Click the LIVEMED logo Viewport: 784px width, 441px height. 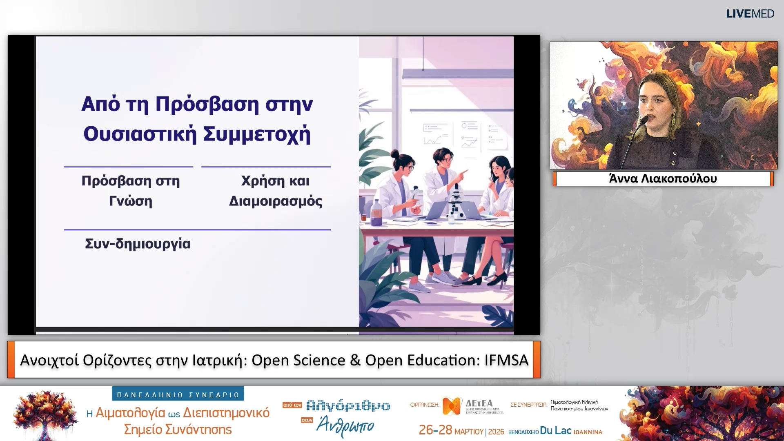750,14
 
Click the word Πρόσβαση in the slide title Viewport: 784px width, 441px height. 207,105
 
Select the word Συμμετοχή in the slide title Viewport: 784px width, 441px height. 257,134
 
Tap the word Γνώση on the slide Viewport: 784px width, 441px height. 131,201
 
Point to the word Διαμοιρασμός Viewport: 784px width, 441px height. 276,201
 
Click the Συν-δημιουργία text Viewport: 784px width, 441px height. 138,244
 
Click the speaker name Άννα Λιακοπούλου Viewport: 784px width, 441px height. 663,179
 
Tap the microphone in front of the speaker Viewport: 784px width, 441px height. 644,120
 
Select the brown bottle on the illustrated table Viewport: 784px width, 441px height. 376,212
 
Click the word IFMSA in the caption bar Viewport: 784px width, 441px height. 506,360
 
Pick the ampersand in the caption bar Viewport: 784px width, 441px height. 355,360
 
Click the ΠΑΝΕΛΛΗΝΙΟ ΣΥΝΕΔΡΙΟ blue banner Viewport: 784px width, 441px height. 178,394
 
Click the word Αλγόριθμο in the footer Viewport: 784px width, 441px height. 348,405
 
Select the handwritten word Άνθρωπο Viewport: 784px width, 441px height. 345,425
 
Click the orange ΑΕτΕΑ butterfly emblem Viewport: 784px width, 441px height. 452,406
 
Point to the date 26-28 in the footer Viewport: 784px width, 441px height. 435,430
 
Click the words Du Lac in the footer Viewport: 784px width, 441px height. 555,431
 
